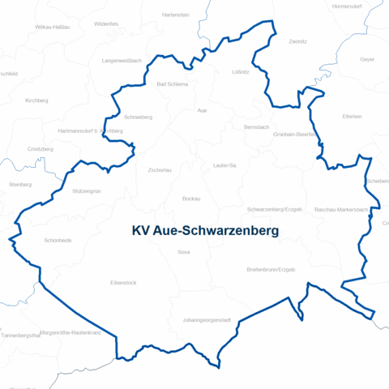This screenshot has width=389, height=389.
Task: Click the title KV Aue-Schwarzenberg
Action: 205,231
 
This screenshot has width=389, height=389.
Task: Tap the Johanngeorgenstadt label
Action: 207,320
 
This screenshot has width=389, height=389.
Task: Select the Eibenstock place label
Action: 123,283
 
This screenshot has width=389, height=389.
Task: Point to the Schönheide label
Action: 58,241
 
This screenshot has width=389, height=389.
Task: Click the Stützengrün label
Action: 87,191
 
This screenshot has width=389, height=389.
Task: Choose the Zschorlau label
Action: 160,170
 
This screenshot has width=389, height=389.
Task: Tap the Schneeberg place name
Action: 139,117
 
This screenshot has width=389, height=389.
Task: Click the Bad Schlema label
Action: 172,83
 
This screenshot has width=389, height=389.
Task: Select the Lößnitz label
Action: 240,72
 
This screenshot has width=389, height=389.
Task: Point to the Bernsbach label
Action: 255,127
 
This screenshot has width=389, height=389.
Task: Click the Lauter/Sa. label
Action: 224,165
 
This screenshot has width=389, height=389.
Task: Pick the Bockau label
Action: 191,199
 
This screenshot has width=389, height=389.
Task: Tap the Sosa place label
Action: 183,252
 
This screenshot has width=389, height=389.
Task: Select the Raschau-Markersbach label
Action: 341,209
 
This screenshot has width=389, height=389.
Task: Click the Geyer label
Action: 367,60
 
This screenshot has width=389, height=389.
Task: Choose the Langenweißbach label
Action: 122,61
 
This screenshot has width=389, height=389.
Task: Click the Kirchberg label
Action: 37,100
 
